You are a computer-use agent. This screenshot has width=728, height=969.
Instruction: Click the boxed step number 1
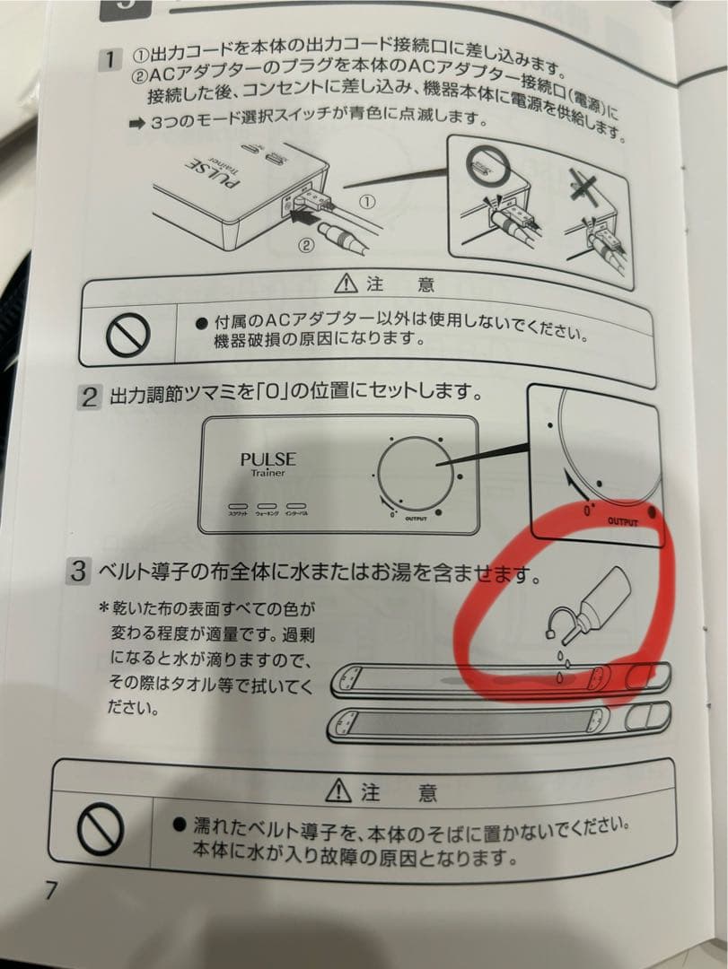(x=108, y=61)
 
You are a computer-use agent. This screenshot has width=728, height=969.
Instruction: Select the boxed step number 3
(x=80, y=570)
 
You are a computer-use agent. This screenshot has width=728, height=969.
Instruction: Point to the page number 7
(x=51, y=891)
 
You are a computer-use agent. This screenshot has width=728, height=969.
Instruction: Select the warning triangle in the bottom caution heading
(x=339, y=792)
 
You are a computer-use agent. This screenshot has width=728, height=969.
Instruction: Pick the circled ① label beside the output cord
(x=366, y=203)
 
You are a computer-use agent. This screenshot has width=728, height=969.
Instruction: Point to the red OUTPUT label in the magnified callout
(x=627, y=520)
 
